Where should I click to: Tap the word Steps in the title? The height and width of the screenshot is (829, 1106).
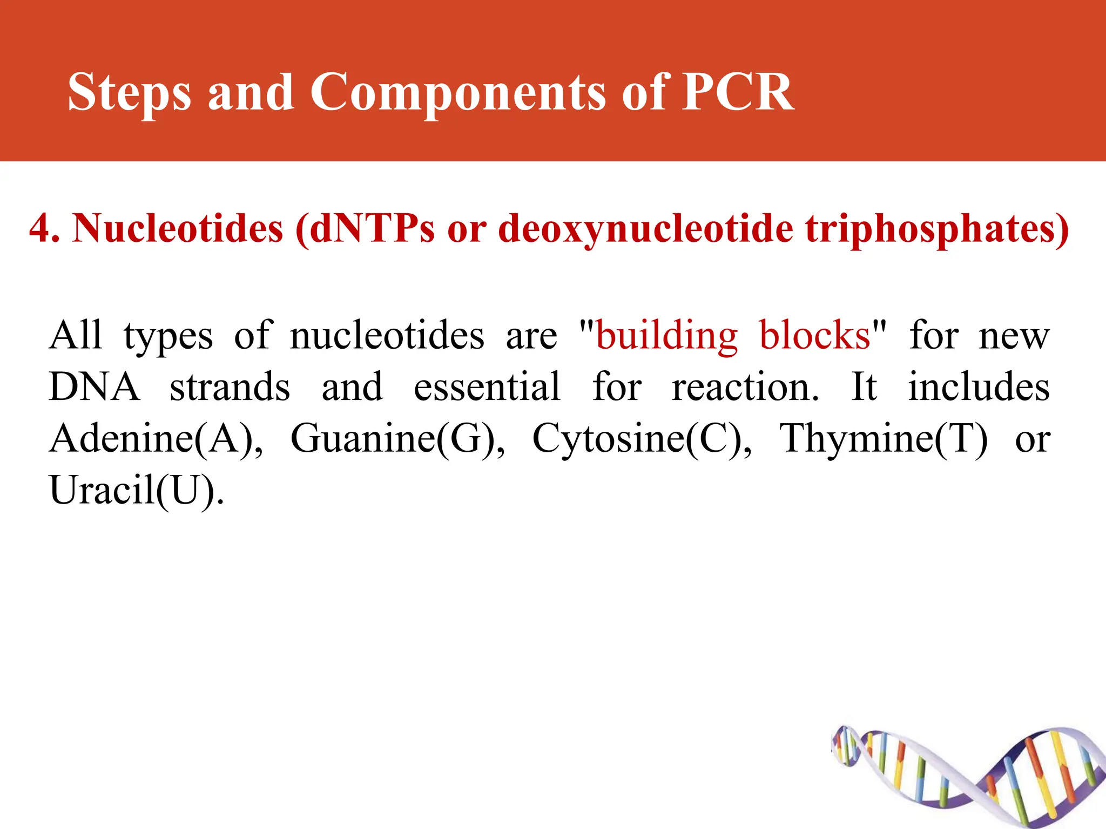point(129,93)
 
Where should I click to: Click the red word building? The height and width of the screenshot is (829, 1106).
point(667,336)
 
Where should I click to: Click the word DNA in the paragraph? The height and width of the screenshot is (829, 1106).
point(94,387)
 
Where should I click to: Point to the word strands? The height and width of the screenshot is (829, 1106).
point(230,387)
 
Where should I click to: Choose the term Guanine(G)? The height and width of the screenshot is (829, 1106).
point(397,438)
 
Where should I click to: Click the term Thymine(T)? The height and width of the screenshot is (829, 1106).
point(884,438)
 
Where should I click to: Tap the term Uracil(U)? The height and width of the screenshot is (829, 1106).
point(136,490)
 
